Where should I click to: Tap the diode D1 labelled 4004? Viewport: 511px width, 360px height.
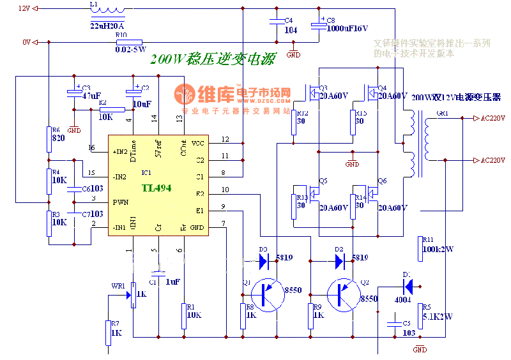tap(408, 285)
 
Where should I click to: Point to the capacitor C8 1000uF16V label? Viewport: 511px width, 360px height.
tap(347, 28)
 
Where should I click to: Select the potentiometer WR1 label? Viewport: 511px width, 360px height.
tap(118, 287)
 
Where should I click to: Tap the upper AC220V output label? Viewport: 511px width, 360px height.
tap(492, 119)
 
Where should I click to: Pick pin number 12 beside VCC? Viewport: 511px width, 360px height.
tap(225, 139)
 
